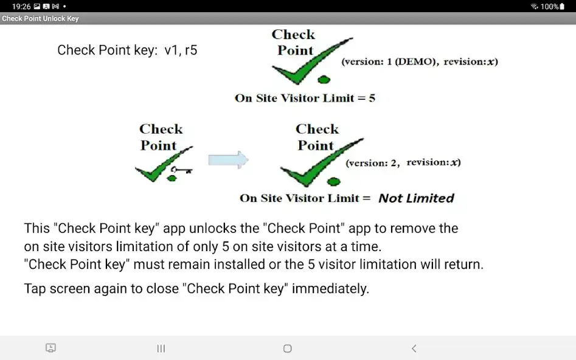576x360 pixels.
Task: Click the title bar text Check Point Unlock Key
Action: pyautogui.click(x=40, y=19)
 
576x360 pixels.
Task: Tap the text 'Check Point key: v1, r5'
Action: pyautogui.click(x=127, y=50)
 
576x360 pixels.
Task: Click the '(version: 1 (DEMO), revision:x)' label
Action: pyautogui.click(x=419, y=62)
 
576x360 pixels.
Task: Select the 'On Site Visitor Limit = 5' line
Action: pyautogui.click(x=305, y=99)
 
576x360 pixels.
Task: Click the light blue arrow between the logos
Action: pyautogui.click(x=228, y=160)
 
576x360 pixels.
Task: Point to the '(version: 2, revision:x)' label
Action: pyautogui.click(x=403, y=163)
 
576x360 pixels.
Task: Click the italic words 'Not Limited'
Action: pyautogui.click(x=416, y=198)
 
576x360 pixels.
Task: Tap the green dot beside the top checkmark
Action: pyautogui.click(x=324, y=79)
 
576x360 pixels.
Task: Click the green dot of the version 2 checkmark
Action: pyautogui.click(x=333, y=181)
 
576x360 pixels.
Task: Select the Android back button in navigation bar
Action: pyautogui.click(x=414, y=348)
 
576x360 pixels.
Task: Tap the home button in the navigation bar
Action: pyautogui.click(x=288, y=348)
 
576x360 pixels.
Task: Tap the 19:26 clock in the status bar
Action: pyautogui.click(x=21, y=6)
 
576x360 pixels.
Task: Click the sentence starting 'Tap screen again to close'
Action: pyautogui.click(x=196, y=289)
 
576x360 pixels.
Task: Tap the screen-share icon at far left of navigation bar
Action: pyautogui.click(x=51, y=348)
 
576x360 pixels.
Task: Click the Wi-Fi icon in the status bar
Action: pyautogui.click(x=534, y=6)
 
